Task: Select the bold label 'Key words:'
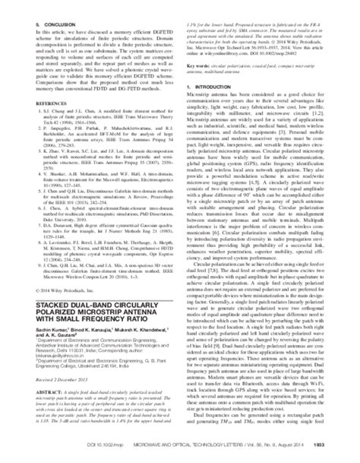(x=202, y=49)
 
